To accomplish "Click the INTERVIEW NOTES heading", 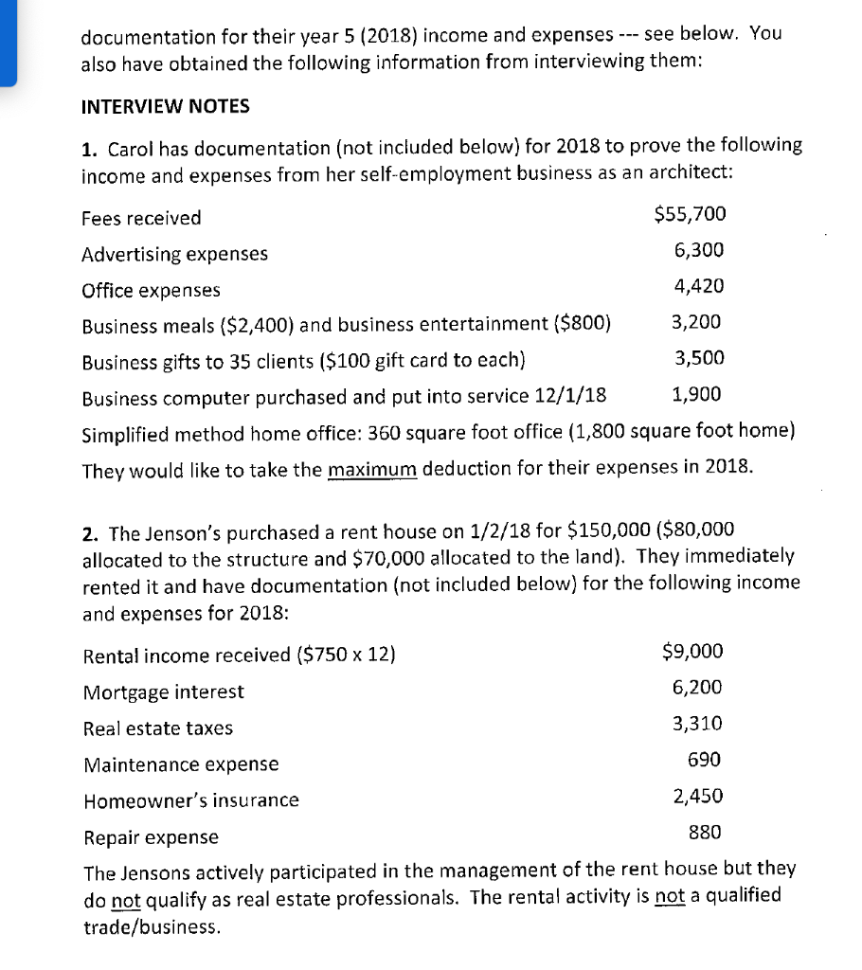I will click(x=166, y=106).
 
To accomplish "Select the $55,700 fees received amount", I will click(x=690, y=215).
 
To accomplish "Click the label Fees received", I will click(x=141, y=218).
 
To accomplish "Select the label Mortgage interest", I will click(x=163, y=692).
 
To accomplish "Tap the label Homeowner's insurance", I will click(x=190, y=801).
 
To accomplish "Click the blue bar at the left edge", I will click(x=9, y=43).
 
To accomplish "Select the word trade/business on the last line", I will click(x=152, y=928).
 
